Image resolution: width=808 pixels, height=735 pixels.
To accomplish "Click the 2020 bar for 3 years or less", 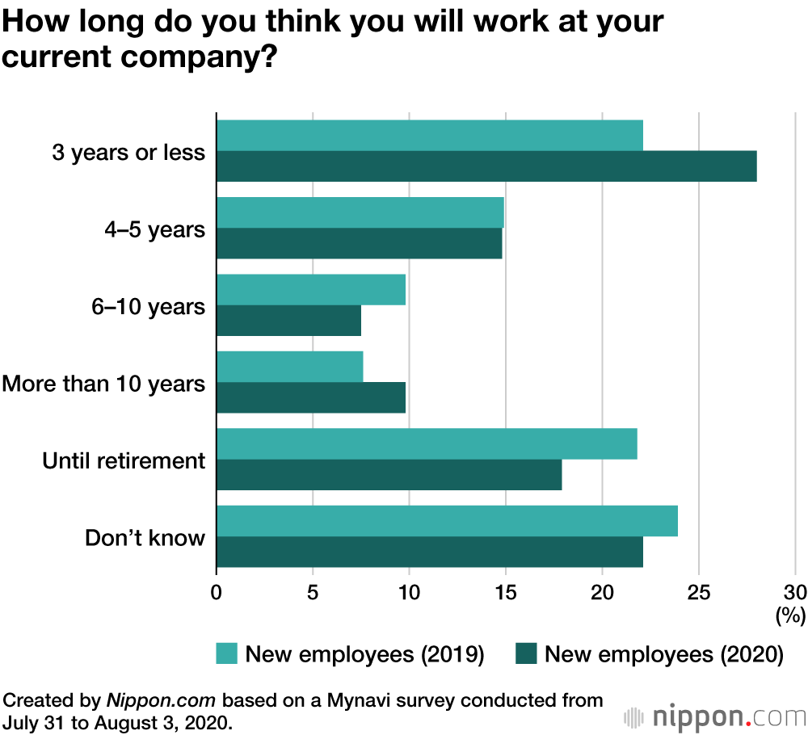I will click(486, 166).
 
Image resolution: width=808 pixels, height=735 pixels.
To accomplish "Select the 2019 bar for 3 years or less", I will click(430, 136).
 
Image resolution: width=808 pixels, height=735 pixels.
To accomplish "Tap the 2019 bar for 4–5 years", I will click(360, 212).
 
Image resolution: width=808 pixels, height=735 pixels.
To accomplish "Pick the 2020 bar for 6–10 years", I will click(288, 321).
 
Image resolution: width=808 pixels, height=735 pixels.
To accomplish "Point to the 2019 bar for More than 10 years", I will click(289, 367).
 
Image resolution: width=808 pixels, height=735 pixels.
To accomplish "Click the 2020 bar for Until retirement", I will click(389, 475).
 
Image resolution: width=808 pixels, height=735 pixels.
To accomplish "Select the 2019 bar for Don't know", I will click(447, 521).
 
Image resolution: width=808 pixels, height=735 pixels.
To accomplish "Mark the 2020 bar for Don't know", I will click(430, 552).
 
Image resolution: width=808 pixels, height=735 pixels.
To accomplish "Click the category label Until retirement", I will click(124, 460).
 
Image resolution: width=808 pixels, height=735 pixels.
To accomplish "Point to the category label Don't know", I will click(145, 538).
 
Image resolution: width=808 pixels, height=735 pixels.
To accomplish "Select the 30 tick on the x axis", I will click(795, 591).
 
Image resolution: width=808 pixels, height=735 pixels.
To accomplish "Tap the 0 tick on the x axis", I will click(217, 591).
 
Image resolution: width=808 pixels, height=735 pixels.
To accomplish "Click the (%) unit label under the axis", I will click(790, 616).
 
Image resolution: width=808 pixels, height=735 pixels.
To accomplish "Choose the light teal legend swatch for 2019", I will click(227, 653).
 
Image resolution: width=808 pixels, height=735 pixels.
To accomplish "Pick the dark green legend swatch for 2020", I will click(526, 653).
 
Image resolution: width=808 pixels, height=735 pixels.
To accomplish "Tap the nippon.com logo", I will click(716, 716).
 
